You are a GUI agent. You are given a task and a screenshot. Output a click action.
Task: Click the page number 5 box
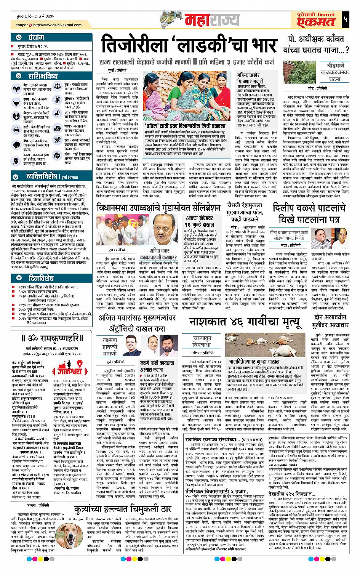pyautogui.click(x=345, y=19)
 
